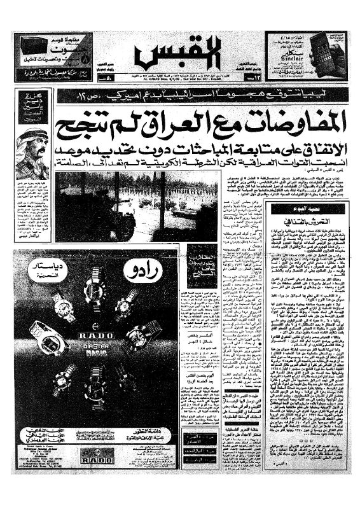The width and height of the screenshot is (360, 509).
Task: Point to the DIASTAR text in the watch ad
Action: (x=99, y=347)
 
